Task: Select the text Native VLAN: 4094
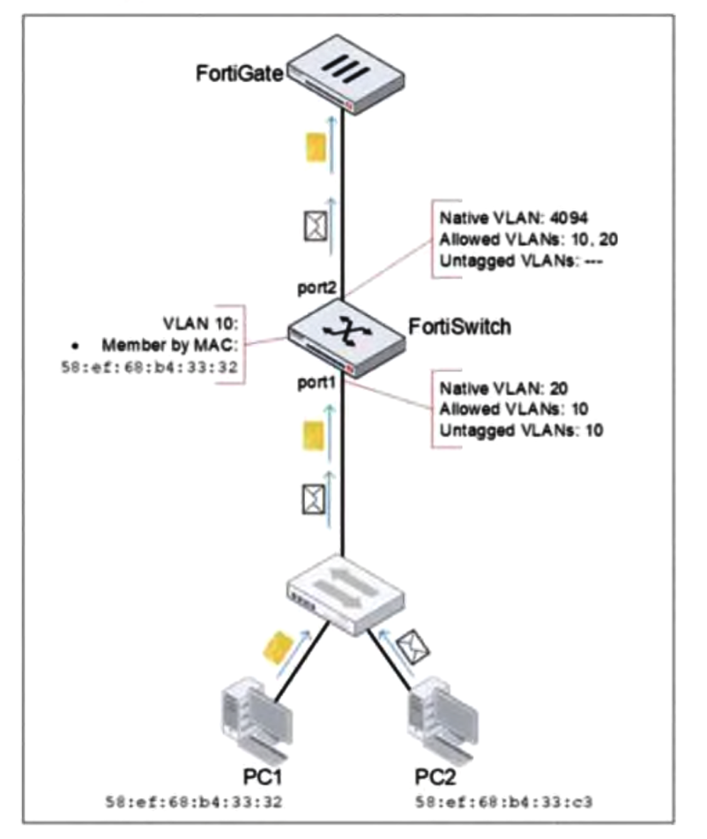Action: point(499,215)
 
